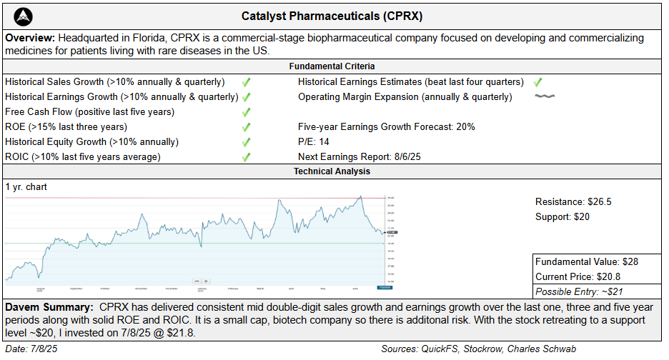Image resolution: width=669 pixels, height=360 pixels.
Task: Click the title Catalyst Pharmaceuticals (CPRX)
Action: pyautogui.click(x=332, y=15)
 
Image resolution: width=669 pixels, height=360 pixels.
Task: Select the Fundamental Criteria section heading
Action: pyautogui.click(x=332, y=66)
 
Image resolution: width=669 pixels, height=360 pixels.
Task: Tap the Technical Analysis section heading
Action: pyautogui.click(x=332, y=171)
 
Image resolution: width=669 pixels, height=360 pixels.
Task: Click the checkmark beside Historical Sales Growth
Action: pyautogui.click(x=246, y=82)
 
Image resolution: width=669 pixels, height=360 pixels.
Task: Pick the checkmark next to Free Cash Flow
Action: pyautogui.click(x=246, y=112)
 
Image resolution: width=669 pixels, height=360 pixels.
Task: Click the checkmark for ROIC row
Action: pyautogui.click(x=246, y=156)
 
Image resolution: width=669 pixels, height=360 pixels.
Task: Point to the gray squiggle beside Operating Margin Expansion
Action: pyautogui.click(x=545, y=96)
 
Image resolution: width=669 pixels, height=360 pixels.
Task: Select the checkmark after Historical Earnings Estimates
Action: pyautogui.click(x=537, y=82)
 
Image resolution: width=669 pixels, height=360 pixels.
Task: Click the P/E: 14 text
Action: pyautogui.click(x=314, y=141)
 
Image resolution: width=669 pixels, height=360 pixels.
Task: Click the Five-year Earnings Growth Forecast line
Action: pyautogui.click(x=386, y=127)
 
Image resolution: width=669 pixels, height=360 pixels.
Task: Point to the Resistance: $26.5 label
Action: pyautogui.click(x=573, y=201)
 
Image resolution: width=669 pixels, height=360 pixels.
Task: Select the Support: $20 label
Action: pyautogui.click(x=563, y=216)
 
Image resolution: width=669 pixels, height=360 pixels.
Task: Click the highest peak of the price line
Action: pyautogui.click(x=360, y=196)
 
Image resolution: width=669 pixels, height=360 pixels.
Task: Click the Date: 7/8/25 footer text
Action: pyautogui.click(x=31, y=349)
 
